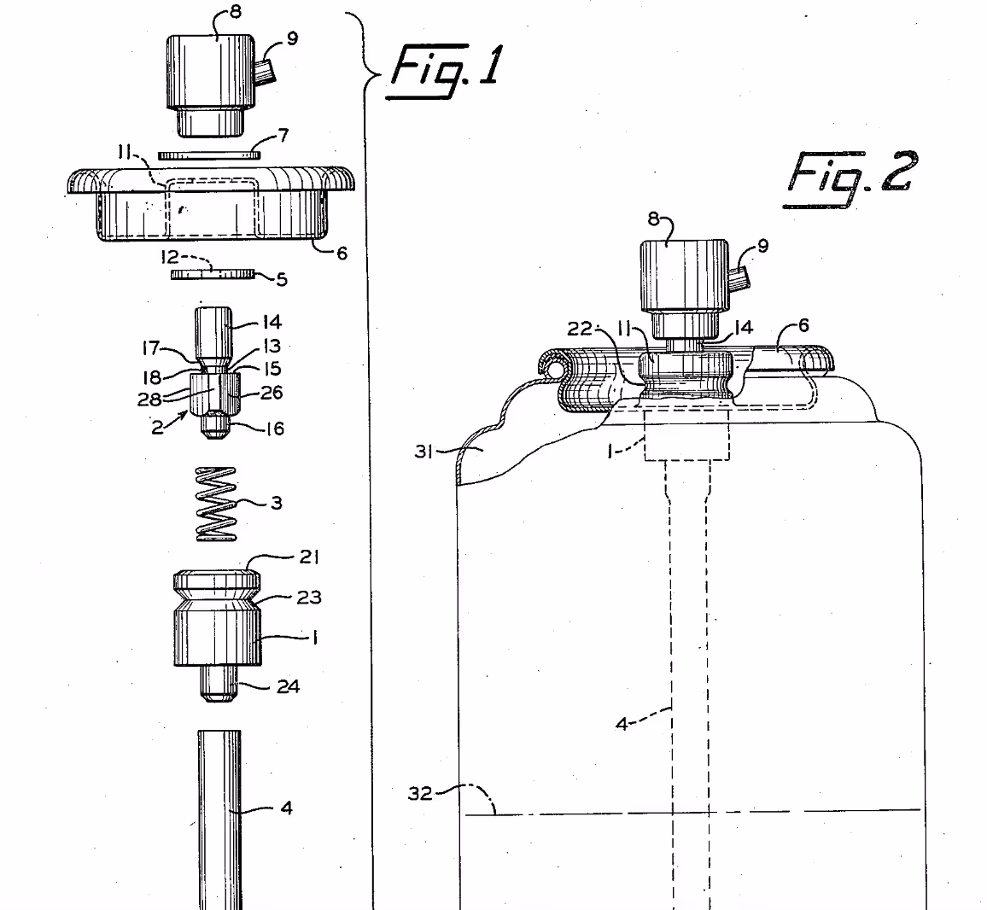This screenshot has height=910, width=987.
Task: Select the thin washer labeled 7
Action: tap(209, 155)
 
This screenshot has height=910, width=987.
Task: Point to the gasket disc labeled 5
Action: tap(213, 274)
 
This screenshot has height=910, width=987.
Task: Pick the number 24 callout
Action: tap(288, 685)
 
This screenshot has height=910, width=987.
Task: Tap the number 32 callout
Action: tap(419, 795)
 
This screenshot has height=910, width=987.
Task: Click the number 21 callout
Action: tap(308, 557)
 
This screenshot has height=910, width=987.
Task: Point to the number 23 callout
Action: tap(308, 597)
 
